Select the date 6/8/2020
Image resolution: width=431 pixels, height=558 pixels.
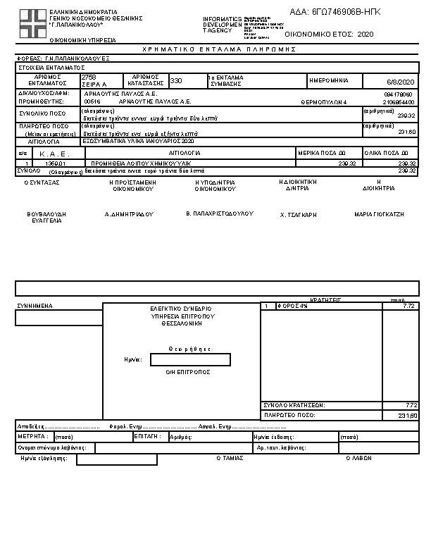click(x=402, y=81)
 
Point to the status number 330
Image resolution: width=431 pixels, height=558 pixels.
click(x=176, y=80)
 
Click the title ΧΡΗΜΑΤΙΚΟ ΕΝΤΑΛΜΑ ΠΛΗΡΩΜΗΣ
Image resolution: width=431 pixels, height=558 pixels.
click(x=219, y=49)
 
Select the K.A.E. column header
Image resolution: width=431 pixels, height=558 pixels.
click(x=51, y=153)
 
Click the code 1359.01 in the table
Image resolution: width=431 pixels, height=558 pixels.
click(x=54, y=163)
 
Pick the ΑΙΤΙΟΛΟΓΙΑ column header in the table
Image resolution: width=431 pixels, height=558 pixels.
click(x=185, y=153)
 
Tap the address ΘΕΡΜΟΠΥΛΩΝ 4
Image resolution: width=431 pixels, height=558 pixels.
click(x=323, y=101)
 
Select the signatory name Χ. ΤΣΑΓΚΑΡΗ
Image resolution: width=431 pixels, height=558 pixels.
click(x=299, y=213)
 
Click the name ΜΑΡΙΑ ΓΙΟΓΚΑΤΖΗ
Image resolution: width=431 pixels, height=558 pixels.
click(x=379, y=213)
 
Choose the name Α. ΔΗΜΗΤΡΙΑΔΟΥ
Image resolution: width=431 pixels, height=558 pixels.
click(x=129, y=213)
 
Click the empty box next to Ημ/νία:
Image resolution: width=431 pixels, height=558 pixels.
click(x=190, y=360)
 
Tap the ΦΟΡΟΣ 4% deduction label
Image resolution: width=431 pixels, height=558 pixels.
click(x=292, y=306)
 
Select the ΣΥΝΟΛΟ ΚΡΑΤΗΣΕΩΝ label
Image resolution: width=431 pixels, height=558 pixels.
click(x=293, y=405)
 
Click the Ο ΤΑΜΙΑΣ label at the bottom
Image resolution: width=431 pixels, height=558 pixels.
click(x=230, y=457)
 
